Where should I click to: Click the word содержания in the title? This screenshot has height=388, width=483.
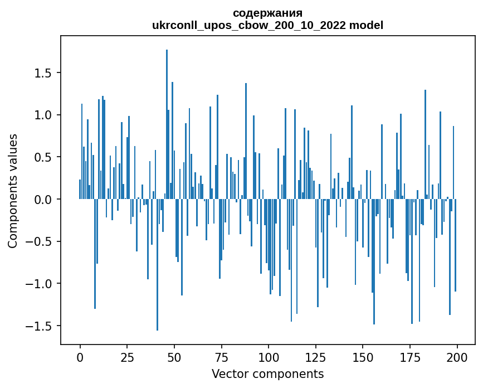[x=267, y=13]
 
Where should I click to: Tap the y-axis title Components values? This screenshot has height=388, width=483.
[x=12, y=191]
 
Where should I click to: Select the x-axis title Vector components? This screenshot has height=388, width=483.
[x=267, y=374]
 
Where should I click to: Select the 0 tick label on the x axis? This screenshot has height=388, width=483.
[x=80, y=357]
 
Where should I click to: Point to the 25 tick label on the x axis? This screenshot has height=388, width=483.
[x=127, y=357]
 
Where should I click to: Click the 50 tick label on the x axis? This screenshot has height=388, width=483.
[x=174, y=357]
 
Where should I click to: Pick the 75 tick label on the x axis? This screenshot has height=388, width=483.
[x=221, y=357]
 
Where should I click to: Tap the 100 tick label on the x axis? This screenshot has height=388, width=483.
[x=269, y=357]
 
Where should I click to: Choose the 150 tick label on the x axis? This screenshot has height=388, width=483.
[x=363, y=357]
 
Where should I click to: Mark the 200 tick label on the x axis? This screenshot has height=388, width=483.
[x=457, y=357]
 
